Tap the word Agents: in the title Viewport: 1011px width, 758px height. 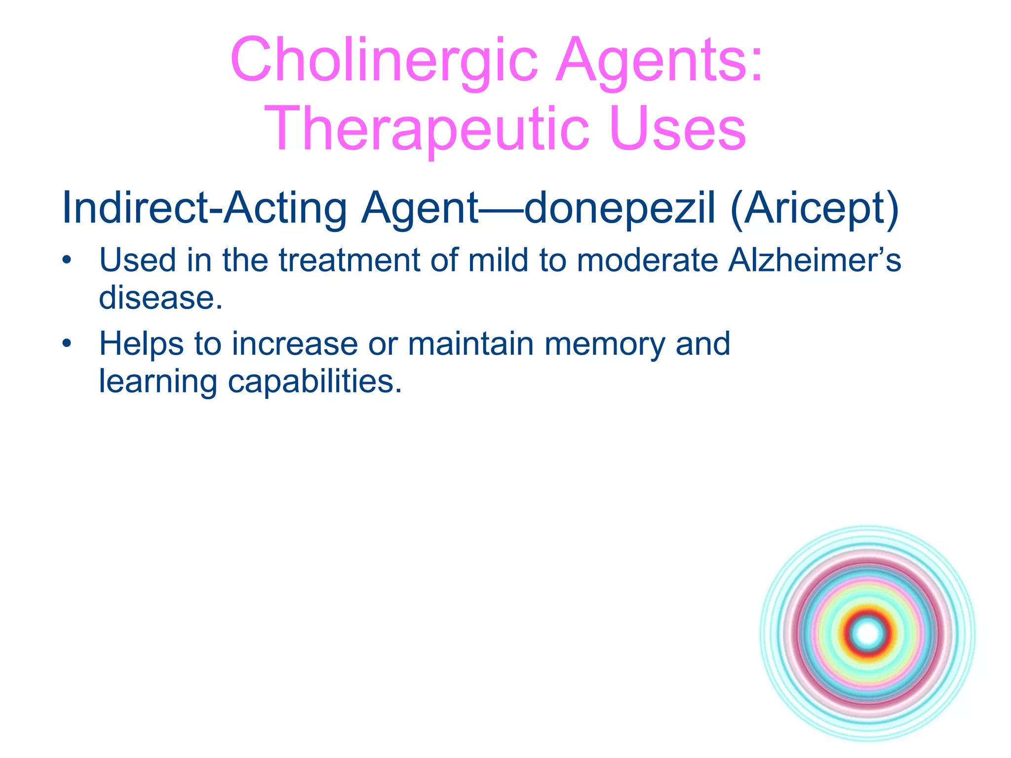pos(660,60)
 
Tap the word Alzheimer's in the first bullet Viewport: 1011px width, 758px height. pos(815,260)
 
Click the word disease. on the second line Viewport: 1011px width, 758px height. pos(160,298)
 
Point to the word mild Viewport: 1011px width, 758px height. pos(498,260)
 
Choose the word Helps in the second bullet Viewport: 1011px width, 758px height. pos(141,344)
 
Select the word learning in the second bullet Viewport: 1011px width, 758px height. pos(158,381)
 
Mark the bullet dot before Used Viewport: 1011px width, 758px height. pos(67,260)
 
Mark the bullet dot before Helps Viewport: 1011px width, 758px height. pos(67,343)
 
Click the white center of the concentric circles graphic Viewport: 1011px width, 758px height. pos(867,633)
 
